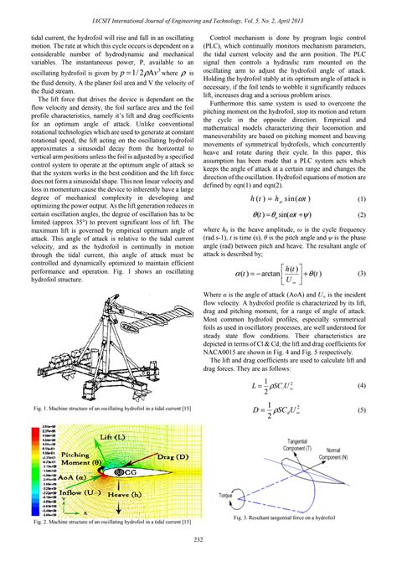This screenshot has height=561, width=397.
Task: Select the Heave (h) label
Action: pyautogui.click(x=126, y=497)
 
